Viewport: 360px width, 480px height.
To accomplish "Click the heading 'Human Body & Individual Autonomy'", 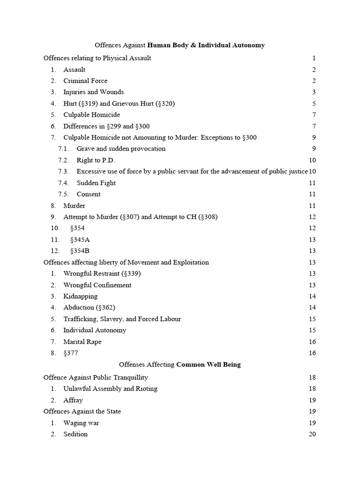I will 206,45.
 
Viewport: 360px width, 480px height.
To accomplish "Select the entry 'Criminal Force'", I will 85,81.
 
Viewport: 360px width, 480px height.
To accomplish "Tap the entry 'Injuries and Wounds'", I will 94,92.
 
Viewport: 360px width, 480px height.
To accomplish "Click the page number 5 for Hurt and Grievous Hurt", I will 314,104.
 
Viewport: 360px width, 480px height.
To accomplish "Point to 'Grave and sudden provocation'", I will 121,149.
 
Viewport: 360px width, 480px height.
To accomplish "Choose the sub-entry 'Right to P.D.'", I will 96,160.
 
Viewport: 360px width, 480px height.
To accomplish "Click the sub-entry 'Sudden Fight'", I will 96,183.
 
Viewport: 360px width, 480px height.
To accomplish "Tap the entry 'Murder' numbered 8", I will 75,205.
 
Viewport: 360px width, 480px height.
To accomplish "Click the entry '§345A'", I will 80,240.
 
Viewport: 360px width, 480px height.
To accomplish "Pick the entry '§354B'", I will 80,251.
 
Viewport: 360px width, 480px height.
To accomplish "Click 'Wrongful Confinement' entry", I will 97,285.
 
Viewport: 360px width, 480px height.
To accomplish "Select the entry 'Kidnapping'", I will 81,296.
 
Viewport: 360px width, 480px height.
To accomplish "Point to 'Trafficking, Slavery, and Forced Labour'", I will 122,319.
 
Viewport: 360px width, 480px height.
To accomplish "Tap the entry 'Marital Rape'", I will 82,342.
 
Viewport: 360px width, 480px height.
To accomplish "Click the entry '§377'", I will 71,353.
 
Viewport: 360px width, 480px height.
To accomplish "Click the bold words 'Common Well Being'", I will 209,365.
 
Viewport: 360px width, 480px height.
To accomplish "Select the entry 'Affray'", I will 73,400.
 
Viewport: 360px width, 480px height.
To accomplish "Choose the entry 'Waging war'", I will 81,423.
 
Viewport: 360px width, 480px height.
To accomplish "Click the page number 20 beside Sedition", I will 313,434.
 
